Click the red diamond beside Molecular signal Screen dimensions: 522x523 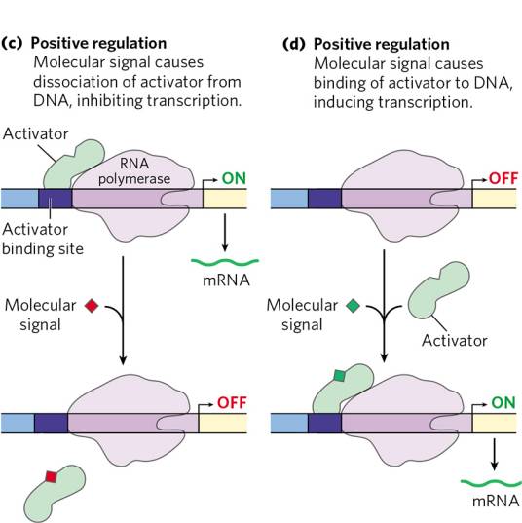pyautogui.click(x=92, y=306)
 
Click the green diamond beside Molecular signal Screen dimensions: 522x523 pyautogui.click(x=353, y=306)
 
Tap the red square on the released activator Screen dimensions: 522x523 pyautogui.click(x=51, y=476)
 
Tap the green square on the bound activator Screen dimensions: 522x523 pyautogui.click(x=339, y=376)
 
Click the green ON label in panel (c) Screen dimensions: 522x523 pyautogui.click(x=234, y=178)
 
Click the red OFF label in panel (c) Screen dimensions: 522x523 pyautogui.click(x=232, y=402)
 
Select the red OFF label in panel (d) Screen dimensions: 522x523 pyautogui.click(x=503, y=178)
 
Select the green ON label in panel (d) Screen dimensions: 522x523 pyautogui.click(x=503, y=402)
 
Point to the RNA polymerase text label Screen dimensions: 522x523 pyautogui.click(x=134, y=171)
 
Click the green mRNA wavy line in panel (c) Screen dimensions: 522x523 pyautogui.click(x=225, y=262)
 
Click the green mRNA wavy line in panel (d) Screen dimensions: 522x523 pyautogui.click(x=491, y=483)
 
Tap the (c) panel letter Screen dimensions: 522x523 pyautogui.click(x=12, y=44)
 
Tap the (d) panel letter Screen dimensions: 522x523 pyautogui.click(x=294, y=44)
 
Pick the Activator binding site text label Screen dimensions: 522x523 pyautogui.click(x=43, y=239)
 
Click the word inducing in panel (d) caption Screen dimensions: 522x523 pyautogui.click(x=343, y=102)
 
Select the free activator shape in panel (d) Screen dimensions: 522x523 pyautogui.click(x=438, y=290)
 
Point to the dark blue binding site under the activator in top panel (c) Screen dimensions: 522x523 pyautogui.click(x=56, y=199)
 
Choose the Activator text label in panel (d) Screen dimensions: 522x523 pyautogui.click(x=454, y=341)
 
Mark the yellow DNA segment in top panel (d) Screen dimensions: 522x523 pyautogui.click(x=495, y=199)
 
